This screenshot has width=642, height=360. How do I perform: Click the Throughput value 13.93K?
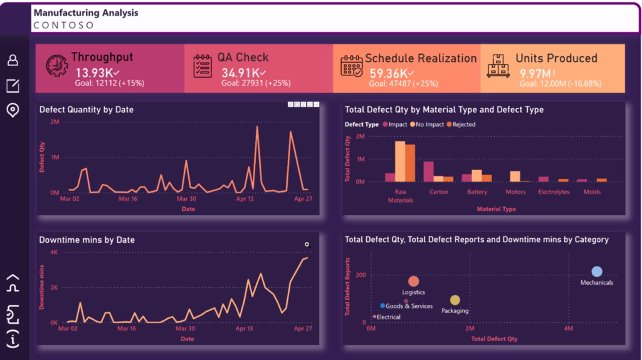(x=92, y=73)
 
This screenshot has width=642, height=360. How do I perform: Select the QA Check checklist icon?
(x=203, y=65)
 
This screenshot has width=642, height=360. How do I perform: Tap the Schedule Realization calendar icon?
(x=351, y=66)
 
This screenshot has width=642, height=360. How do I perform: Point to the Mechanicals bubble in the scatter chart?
(x=597, y=272)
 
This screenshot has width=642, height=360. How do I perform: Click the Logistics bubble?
(x=413, y=282)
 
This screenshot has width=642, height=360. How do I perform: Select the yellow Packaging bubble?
(x=455, y=300)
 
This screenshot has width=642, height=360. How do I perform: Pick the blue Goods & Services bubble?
(x=383, y=305)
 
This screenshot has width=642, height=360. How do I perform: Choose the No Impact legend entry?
(x=427, y=124)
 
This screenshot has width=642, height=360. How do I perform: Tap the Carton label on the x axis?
(x=439, y=192)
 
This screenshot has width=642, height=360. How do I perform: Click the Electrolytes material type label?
(x=554, y=192)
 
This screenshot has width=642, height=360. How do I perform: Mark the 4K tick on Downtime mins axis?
(x=54, y=252)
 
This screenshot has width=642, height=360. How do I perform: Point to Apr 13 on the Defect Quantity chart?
(x=245, y=199)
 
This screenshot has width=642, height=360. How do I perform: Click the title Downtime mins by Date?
(x=87, y=240)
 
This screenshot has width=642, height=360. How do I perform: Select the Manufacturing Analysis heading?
(x=86, y=13)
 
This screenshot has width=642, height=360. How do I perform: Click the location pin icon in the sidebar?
(x=13, y=110)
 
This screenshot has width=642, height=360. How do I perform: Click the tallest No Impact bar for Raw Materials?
(x=400, y=161)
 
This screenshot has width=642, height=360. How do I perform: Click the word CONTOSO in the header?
(x=63, y=26)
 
